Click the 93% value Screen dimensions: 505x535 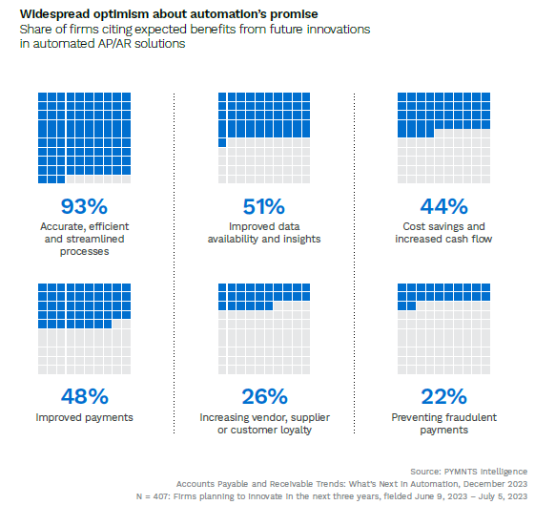pos(84,206)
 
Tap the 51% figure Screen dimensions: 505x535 pos(264,206)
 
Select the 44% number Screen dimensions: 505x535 pos(444,206)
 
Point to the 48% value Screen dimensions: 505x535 pos(84,396)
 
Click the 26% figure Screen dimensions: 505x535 pos(264,396)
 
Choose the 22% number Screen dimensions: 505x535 pos(444,396)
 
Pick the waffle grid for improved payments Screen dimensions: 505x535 pos(84,329)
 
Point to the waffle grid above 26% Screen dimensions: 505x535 pos(264,329)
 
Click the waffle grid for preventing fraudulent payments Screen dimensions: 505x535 pos(444,329)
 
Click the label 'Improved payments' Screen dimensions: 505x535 pos(84,418)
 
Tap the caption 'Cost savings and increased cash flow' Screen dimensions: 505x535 pos(444,233)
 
